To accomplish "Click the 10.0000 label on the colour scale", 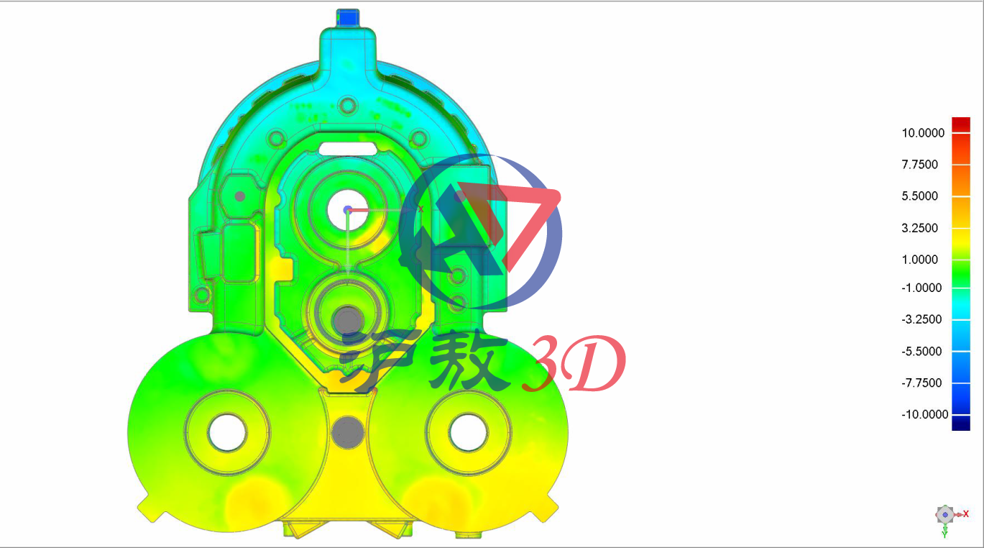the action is tap(923, 133).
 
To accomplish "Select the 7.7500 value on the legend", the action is tap(919, 165).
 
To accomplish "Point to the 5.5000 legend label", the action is tap(919, 196).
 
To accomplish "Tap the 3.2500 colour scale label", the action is tap(919, 228).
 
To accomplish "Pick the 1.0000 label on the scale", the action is tap(919, 260).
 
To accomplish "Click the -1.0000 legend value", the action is tap(921, 288).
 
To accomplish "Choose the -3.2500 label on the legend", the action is tap(921, 319).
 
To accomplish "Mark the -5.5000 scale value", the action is tap(921, 352).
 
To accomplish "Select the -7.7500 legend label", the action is tap(921, 383).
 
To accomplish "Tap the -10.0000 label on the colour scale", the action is tap(924, 414).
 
